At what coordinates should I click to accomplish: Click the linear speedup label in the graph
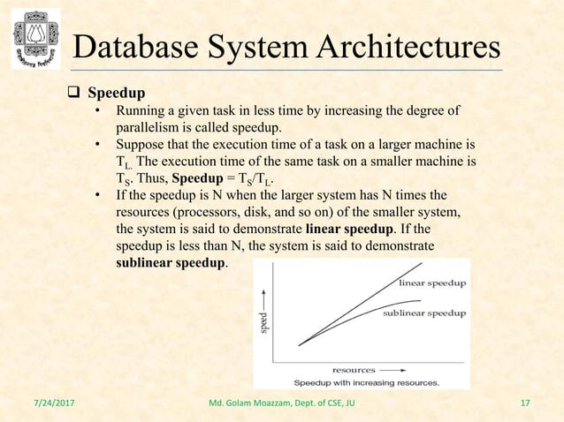434,283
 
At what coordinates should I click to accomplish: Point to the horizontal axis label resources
353,369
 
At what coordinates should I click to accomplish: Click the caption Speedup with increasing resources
366,382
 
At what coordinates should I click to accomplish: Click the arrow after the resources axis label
394,369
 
